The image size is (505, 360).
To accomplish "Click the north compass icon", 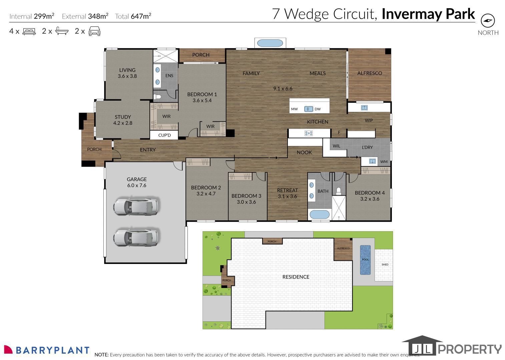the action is [x=488, y=21].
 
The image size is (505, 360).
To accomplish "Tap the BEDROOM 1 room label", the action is [x=202, y=94].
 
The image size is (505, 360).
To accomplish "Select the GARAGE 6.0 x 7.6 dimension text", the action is [x=137, y=185].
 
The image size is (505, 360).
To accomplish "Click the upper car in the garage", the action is [x=136, y=206].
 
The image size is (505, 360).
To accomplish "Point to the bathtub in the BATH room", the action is [x=320, y=214].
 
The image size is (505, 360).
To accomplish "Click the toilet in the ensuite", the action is [x=157, y=97].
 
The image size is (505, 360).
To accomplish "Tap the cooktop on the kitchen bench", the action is [x=309, y=133].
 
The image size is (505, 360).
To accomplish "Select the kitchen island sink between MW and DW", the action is [x=309, y=109].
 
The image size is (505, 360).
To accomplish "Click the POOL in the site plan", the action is [x=365, y=260].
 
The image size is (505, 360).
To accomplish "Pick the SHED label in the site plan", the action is [x=385, y=264].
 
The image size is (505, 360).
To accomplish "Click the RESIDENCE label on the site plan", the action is [x=296, y=277].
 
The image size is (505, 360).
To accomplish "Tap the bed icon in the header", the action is [x=29, y=31].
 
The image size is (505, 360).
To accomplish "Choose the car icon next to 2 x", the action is [x=94, y=31].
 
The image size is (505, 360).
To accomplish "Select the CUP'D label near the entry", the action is [x=164, y=135].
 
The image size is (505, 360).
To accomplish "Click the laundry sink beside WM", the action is [x=372, y=161].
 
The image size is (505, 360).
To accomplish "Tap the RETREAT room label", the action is [x=287, y=190].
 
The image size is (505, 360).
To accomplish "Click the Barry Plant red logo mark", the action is [x=8, y=349].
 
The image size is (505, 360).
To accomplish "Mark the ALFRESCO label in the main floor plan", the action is [x=370, y=73].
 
